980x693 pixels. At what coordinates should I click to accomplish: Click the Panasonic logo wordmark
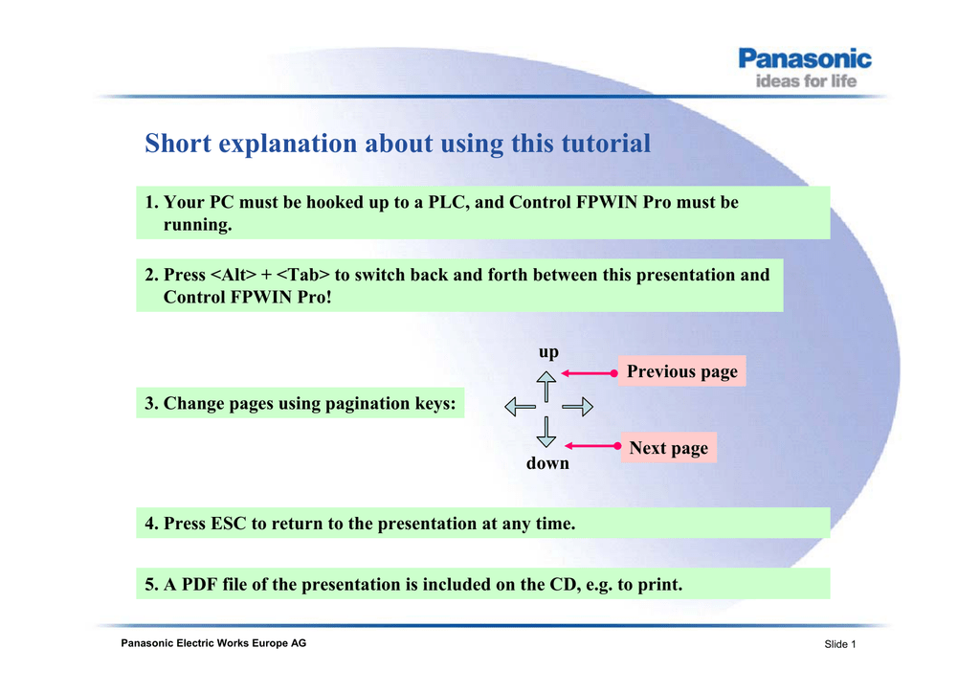804,58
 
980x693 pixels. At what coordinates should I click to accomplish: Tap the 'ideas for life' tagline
806,81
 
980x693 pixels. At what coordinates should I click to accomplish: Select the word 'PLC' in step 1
449,202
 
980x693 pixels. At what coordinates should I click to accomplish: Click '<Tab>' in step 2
302,275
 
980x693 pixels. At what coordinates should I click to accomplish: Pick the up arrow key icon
546,386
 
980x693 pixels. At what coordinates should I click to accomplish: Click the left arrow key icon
520,407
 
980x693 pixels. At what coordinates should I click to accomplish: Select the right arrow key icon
577,407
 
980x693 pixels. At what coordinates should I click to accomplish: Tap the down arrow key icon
546,432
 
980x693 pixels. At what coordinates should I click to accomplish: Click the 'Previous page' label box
681,371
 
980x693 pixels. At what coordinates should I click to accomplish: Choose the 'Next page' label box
669,447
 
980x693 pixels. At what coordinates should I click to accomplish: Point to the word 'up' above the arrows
548,352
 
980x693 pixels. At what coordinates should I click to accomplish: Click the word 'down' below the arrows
547,463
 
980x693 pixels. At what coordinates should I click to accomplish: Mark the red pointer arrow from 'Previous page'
590,373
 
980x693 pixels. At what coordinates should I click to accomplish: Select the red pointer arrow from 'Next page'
592,445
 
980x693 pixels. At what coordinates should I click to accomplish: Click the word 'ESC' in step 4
229,523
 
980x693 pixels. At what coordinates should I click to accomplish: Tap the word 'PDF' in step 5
201,584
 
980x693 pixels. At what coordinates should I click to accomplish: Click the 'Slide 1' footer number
840,644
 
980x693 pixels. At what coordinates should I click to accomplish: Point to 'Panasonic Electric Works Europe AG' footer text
213,643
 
